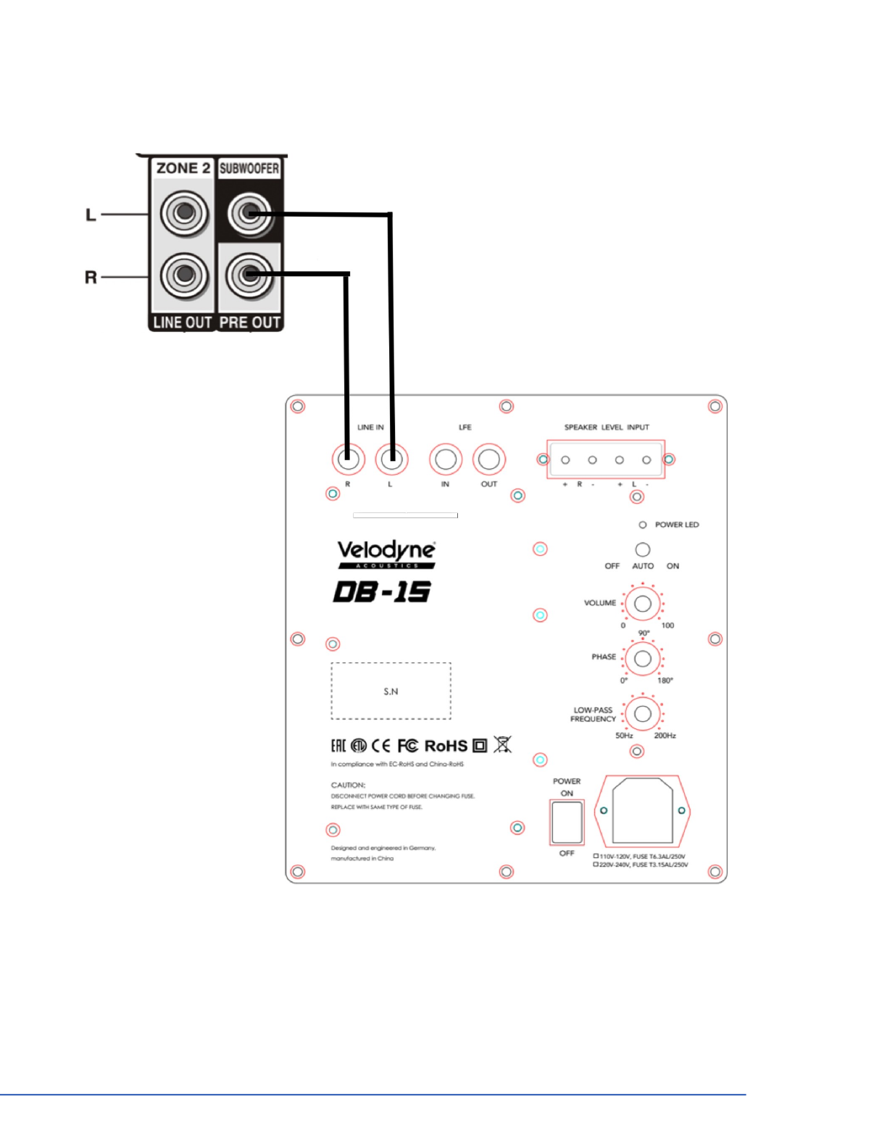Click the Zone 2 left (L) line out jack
pyautogui.click(x=184, y=214)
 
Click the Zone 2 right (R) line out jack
pyautogui.click(x=184, y=275)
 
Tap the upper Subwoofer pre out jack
pyautogui.click(x=249, y=214)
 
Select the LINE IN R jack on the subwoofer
pyautogui.click(x=348, y=459)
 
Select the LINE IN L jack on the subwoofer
pyautogui.click(x=391, y=459)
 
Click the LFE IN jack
pyautogui.click(x=446, y=459)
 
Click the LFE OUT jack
pyautogui.click(x=489, y=459)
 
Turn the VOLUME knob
pyautogui.click(x=642, y=603)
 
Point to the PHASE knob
pyautogui.click(x=642, y=659)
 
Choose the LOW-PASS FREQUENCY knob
pyautogui.click(x=642, y=714)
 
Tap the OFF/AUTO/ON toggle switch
pyautogui.click(x=642, y=549)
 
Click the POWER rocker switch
pyautogui.click(x=567, y=823)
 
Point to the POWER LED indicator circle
pyautogui.click(x=642, y=525)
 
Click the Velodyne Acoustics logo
pyautogui.click(x=386, y=554)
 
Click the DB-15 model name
pyautogui.click(x=382, y=592)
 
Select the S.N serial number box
pyautogui.click(x=391, y=691)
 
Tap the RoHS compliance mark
pyautogui.click(x=446, y=746)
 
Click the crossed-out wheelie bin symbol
pyautogui.click(x=502, y=744)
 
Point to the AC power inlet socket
pyautogui.click(x=642, y=810)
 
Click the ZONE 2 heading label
pyautogui.click(x=183, y=168)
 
